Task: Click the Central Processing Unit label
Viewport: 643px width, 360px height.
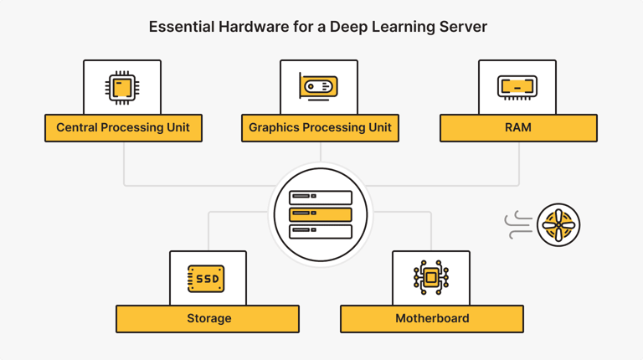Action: coord(123,128)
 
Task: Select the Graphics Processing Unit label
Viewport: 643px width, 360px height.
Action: coord(320,128)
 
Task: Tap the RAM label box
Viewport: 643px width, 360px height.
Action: coord(517,128)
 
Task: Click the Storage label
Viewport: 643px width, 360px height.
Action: coord(208,319)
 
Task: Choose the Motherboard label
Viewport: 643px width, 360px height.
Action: coord(431,319)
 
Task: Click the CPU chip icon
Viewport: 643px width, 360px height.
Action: coord(122,87)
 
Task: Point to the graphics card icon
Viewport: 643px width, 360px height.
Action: coord(319,86)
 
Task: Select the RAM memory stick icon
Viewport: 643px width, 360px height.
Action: coord(517,87)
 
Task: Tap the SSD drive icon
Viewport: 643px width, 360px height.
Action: coord(207,278)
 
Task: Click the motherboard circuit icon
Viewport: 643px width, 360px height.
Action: coord(431,278)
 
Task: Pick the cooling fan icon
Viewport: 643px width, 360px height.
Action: coord(558,224)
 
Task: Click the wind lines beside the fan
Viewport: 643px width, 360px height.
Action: coord(518,224)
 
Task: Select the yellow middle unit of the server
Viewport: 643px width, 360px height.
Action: coord(321,214)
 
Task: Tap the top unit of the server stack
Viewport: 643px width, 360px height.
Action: coord(321,198)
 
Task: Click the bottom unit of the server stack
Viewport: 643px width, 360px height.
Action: coord(321,231)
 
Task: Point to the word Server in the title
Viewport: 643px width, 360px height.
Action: coord(465,27)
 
